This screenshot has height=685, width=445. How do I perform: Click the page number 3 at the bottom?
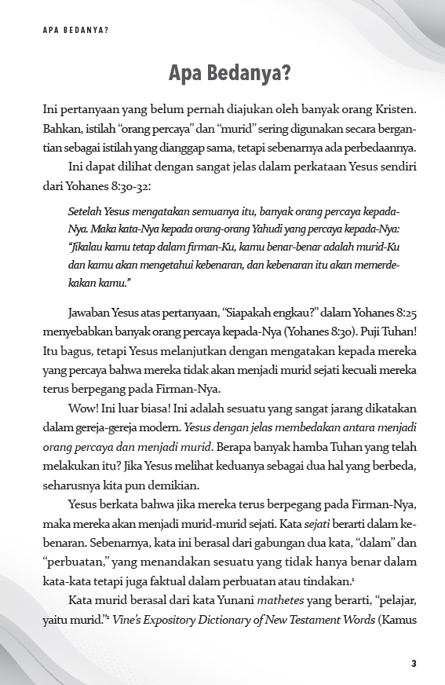point(413,664)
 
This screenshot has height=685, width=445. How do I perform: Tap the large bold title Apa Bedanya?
point(230,73)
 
